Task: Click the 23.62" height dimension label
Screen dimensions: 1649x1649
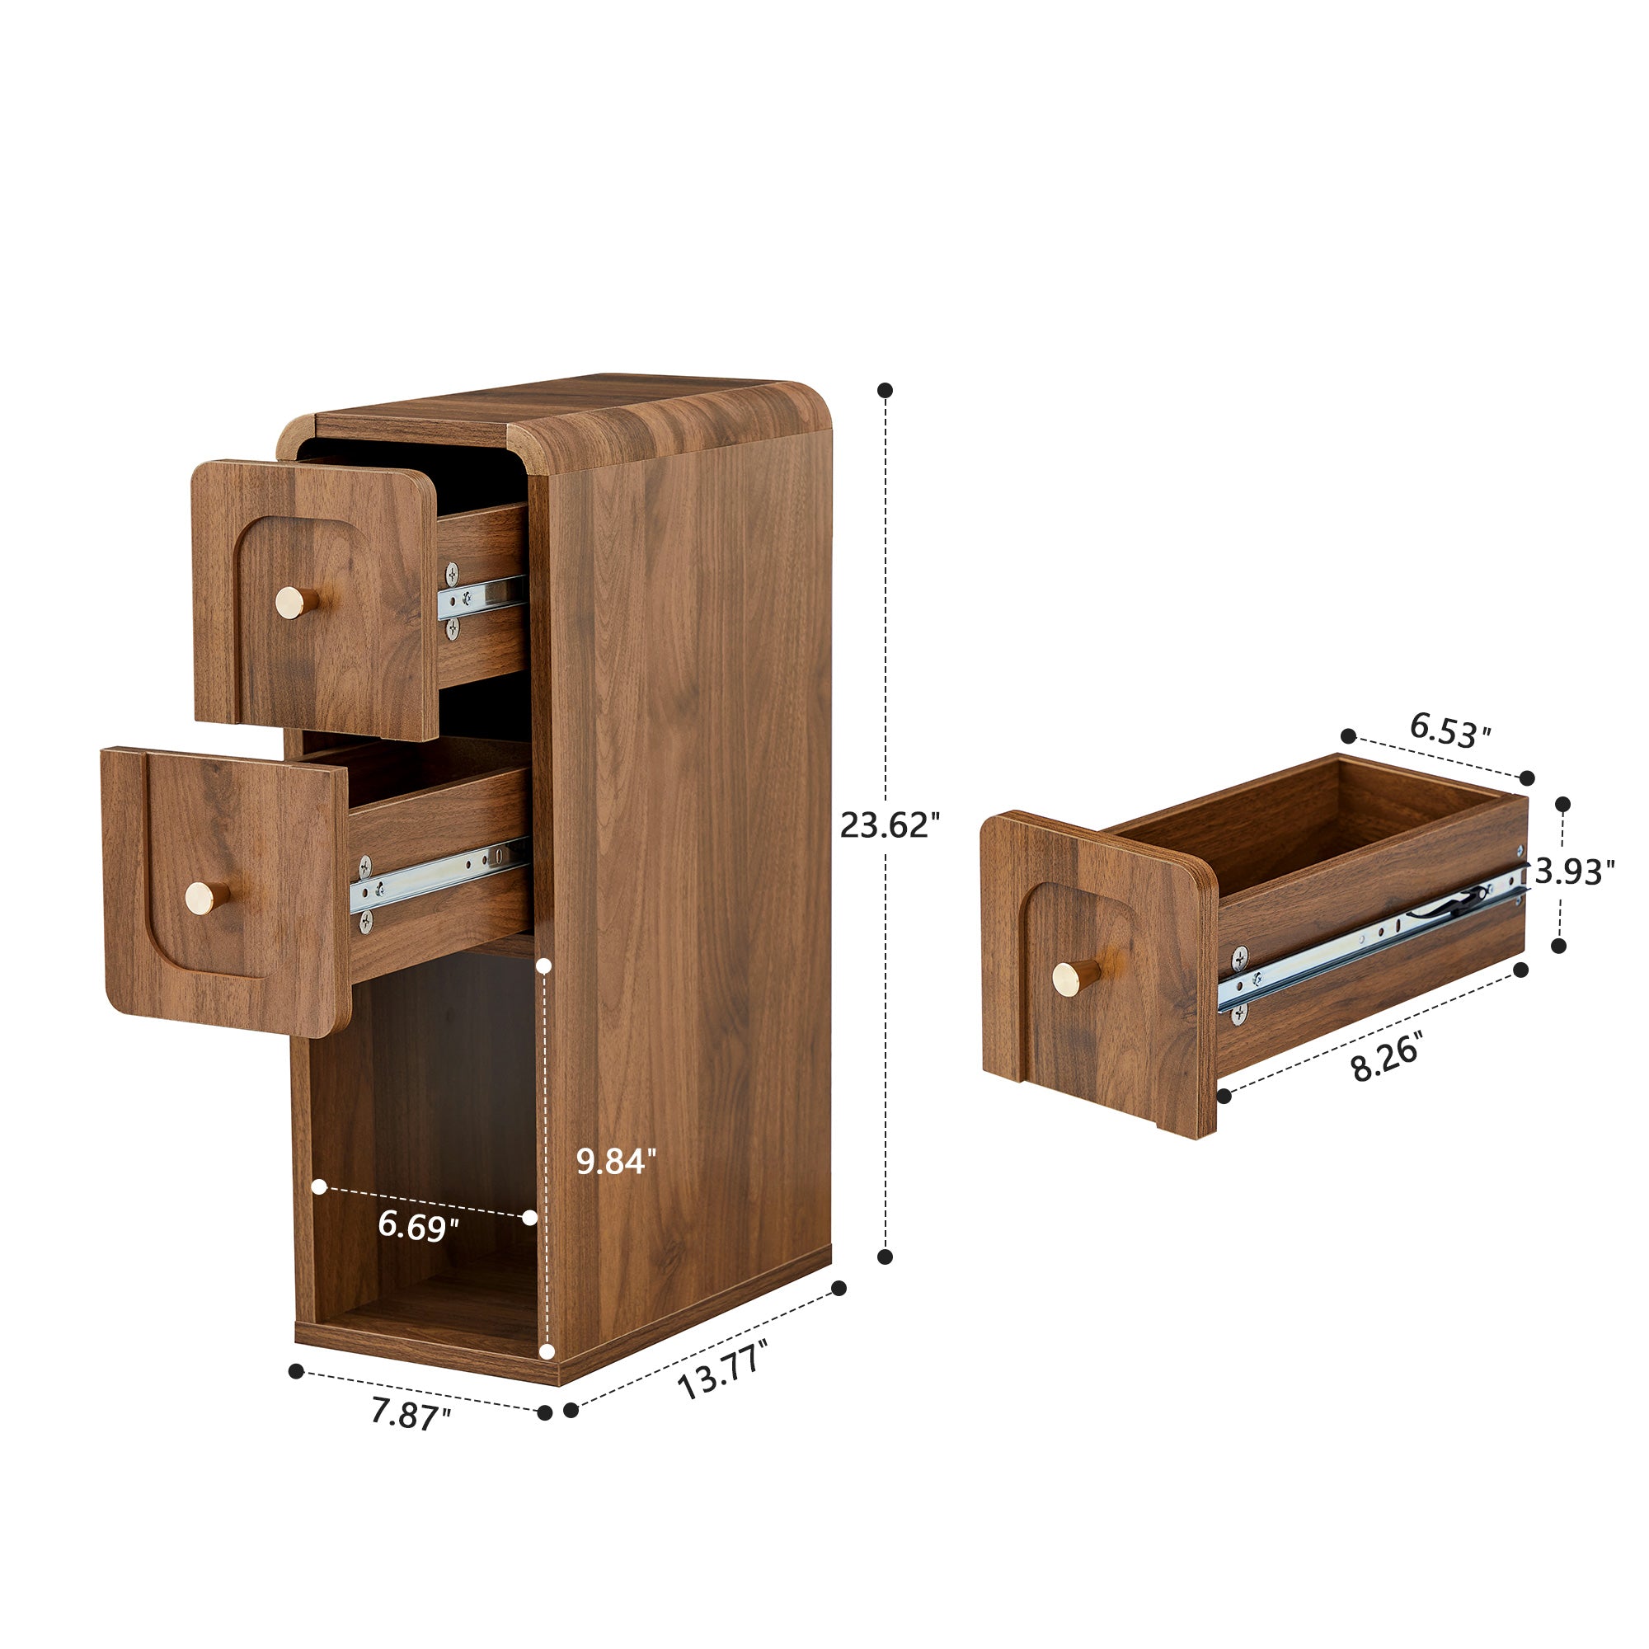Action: pyautogui.click(x=890, y=825)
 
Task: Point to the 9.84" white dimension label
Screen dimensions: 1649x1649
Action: pyautogui.click(x=616, y=1162)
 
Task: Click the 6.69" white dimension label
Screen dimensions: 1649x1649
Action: pyautogui.click(x=418, y=1227)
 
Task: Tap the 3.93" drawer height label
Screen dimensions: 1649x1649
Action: pyautogui.click(x=1575, y=872)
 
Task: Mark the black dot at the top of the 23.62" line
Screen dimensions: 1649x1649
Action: pyautogui.click(x=885, y=390)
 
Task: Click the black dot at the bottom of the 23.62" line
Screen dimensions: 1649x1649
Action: pyautogui.click(x=885, y=1257)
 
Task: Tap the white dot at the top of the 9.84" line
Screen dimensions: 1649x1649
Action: pyautogui.click(x=544, y=967)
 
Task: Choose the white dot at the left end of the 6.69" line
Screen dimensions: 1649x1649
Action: pyautogui.click(x=319, y=1186)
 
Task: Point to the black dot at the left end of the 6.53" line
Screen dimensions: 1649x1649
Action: pyautogui.click(x=1349, y=735)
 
